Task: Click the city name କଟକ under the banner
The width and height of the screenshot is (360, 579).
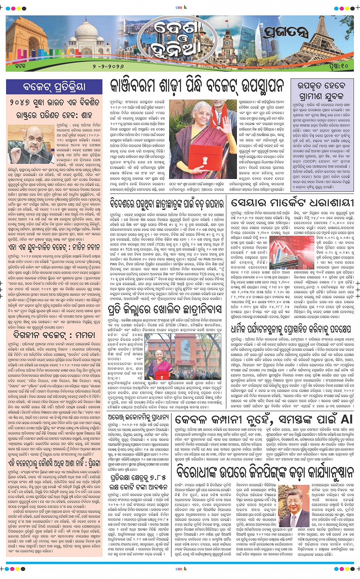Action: point(20,66)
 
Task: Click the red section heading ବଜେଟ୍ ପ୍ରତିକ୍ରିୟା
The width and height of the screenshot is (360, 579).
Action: point(54,86)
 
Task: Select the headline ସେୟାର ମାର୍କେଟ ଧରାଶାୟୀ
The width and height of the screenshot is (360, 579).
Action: point(292,203)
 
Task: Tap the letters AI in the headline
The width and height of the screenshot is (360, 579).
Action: point(346,419)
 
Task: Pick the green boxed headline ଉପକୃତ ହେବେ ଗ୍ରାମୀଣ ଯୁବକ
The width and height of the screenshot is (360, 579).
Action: point(321,91)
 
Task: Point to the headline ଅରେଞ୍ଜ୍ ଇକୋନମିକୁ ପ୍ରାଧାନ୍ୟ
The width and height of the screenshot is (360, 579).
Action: point(139,417)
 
